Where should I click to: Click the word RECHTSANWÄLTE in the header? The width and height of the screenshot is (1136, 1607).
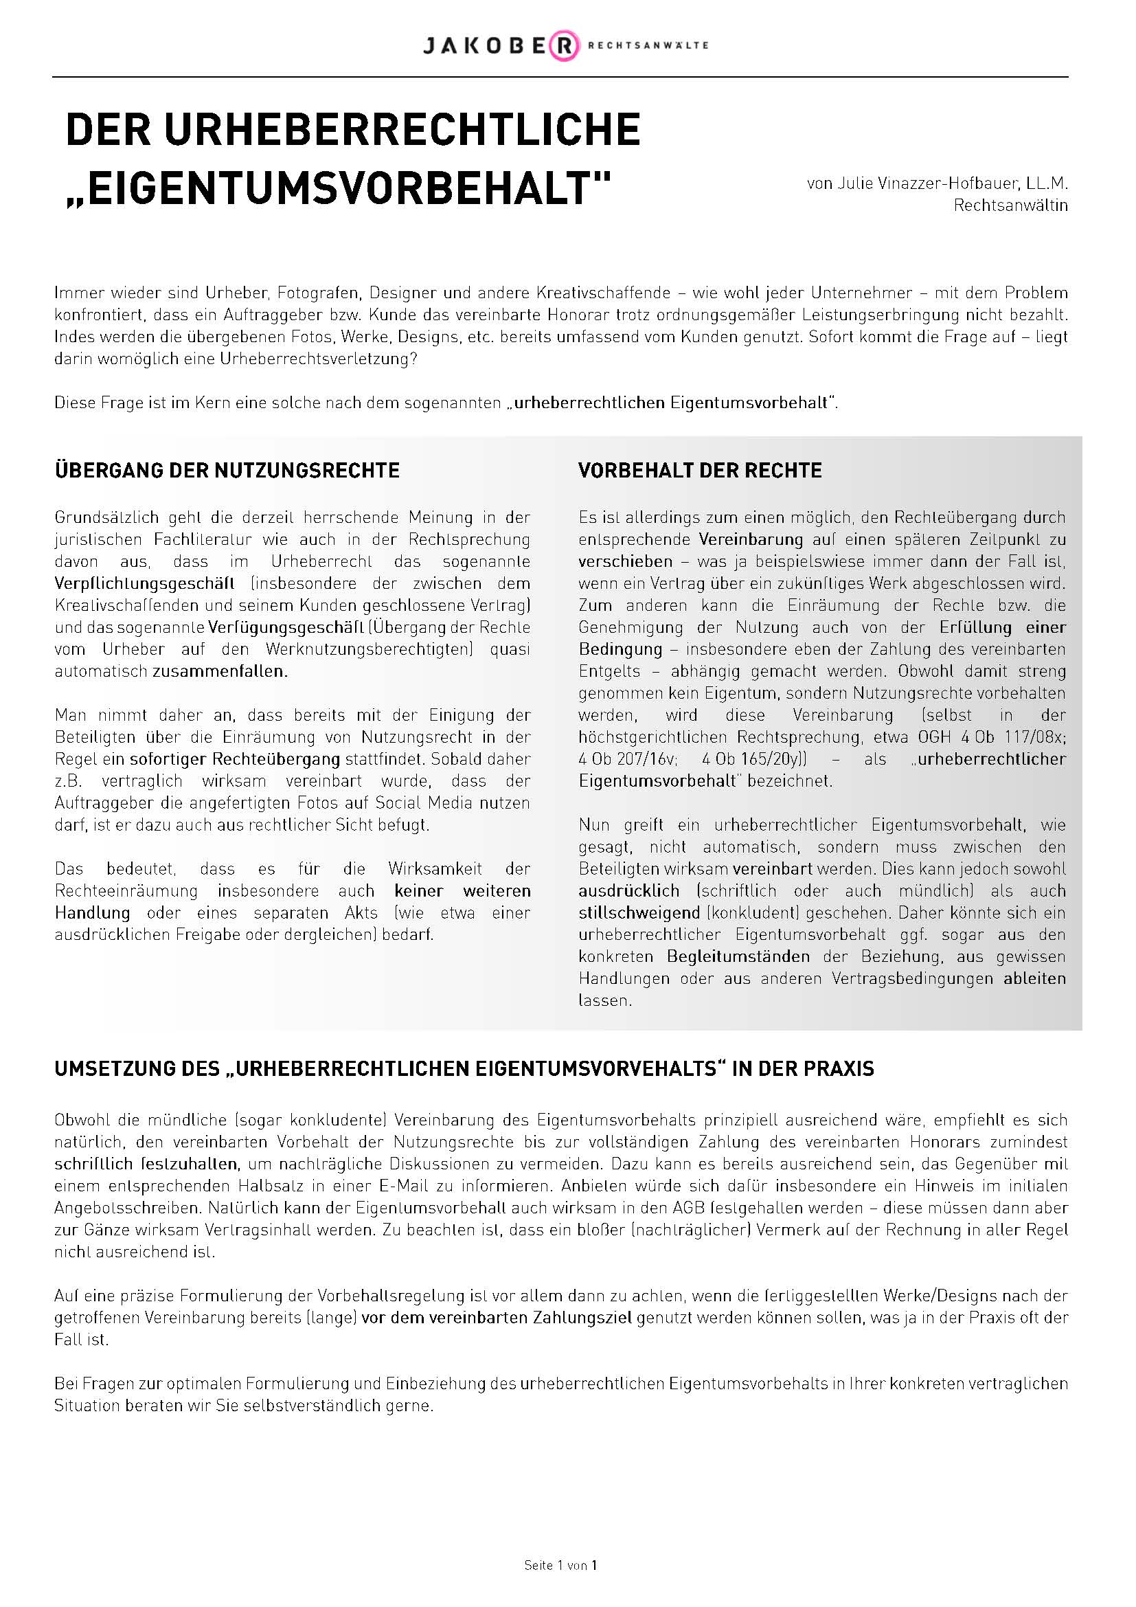(x=648, y=45)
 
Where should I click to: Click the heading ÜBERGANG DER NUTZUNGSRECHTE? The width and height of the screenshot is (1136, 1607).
(x=227, y=471)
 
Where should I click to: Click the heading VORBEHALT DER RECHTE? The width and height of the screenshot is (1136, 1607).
(x=699, y=471)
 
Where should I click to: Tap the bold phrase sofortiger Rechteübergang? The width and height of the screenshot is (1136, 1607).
(x=234, y=759)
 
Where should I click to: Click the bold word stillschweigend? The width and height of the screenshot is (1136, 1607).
(x=639, y=913)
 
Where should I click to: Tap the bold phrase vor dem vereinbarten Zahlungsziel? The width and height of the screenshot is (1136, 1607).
(x=497, y=1318)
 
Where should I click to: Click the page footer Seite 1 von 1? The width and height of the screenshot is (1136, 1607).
(x=560, y=1566)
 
